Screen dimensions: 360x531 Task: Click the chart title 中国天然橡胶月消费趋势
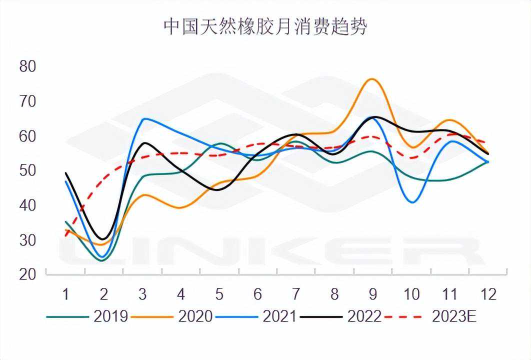click(x=265, y=27)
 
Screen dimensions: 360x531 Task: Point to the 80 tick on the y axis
click(x=28, y=66)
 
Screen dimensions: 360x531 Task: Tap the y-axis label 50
click(x=28, y=170)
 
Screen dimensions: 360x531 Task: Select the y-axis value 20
click(x=28, y=274)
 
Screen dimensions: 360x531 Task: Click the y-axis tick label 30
click(x=28, y=240)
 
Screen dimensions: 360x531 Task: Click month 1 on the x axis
click(x=65, y=294)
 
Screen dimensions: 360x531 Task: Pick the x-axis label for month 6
click(x=257, y=294)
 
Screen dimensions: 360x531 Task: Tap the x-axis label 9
click(x=373, y=294)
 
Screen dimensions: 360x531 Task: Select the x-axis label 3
click(x=142, y=294)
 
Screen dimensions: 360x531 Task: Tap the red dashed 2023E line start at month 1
click(x=66, y=235)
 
